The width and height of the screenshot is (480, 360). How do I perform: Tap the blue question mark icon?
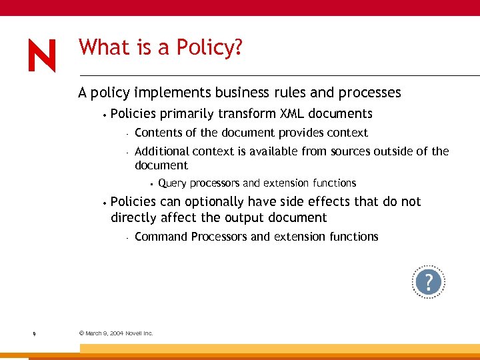click(428, 282)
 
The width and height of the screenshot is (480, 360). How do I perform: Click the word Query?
click(172, 183)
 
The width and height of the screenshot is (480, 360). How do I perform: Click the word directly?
click(133, 218)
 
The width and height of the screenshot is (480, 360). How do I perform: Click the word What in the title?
click(99, 47)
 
